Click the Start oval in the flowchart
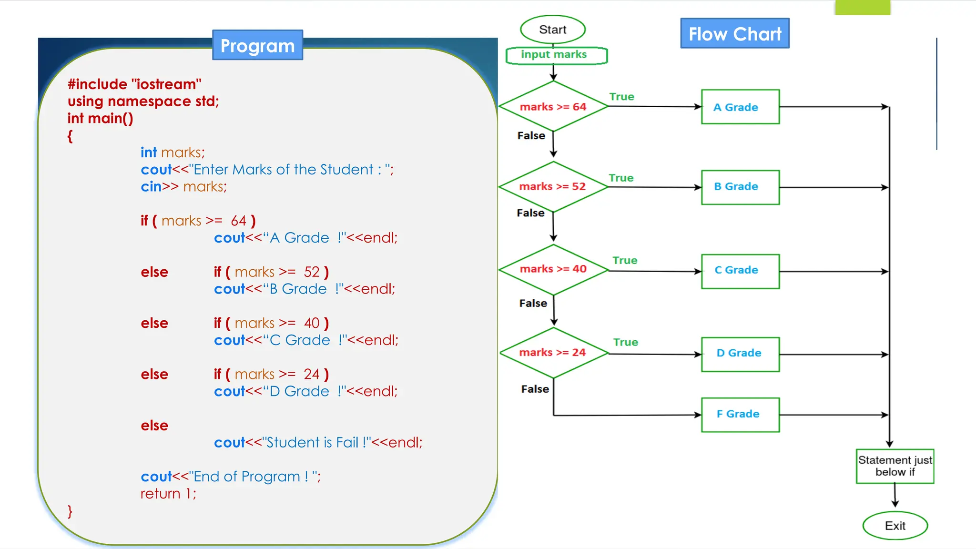coord(552,30)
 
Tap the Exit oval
coord(895,526)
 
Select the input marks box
coord(556,55)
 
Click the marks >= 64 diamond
coord(553,107)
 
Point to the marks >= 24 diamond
coord(553,353)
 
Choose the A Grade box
coord(740,107)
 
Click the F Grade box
coord(740,415)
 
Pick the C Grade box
coord(740,271)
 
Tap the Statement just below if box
coord(895,466)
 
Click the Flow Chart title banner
coord(734,34)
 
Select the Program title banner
coord(257,46)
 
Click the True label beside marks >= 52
coord(621,178)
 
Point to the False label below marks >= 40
coord(533,303)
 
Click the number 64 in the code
coord(238,221)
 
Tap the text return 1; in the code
coord(168,494)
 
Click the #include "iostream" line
coord(134,84)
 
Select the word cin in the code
coord(151,187)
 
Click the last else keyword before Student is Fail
coord(154,426)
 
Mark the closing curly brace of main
coord(70,511)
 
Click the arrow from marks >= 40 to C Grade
coord(655,271)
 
